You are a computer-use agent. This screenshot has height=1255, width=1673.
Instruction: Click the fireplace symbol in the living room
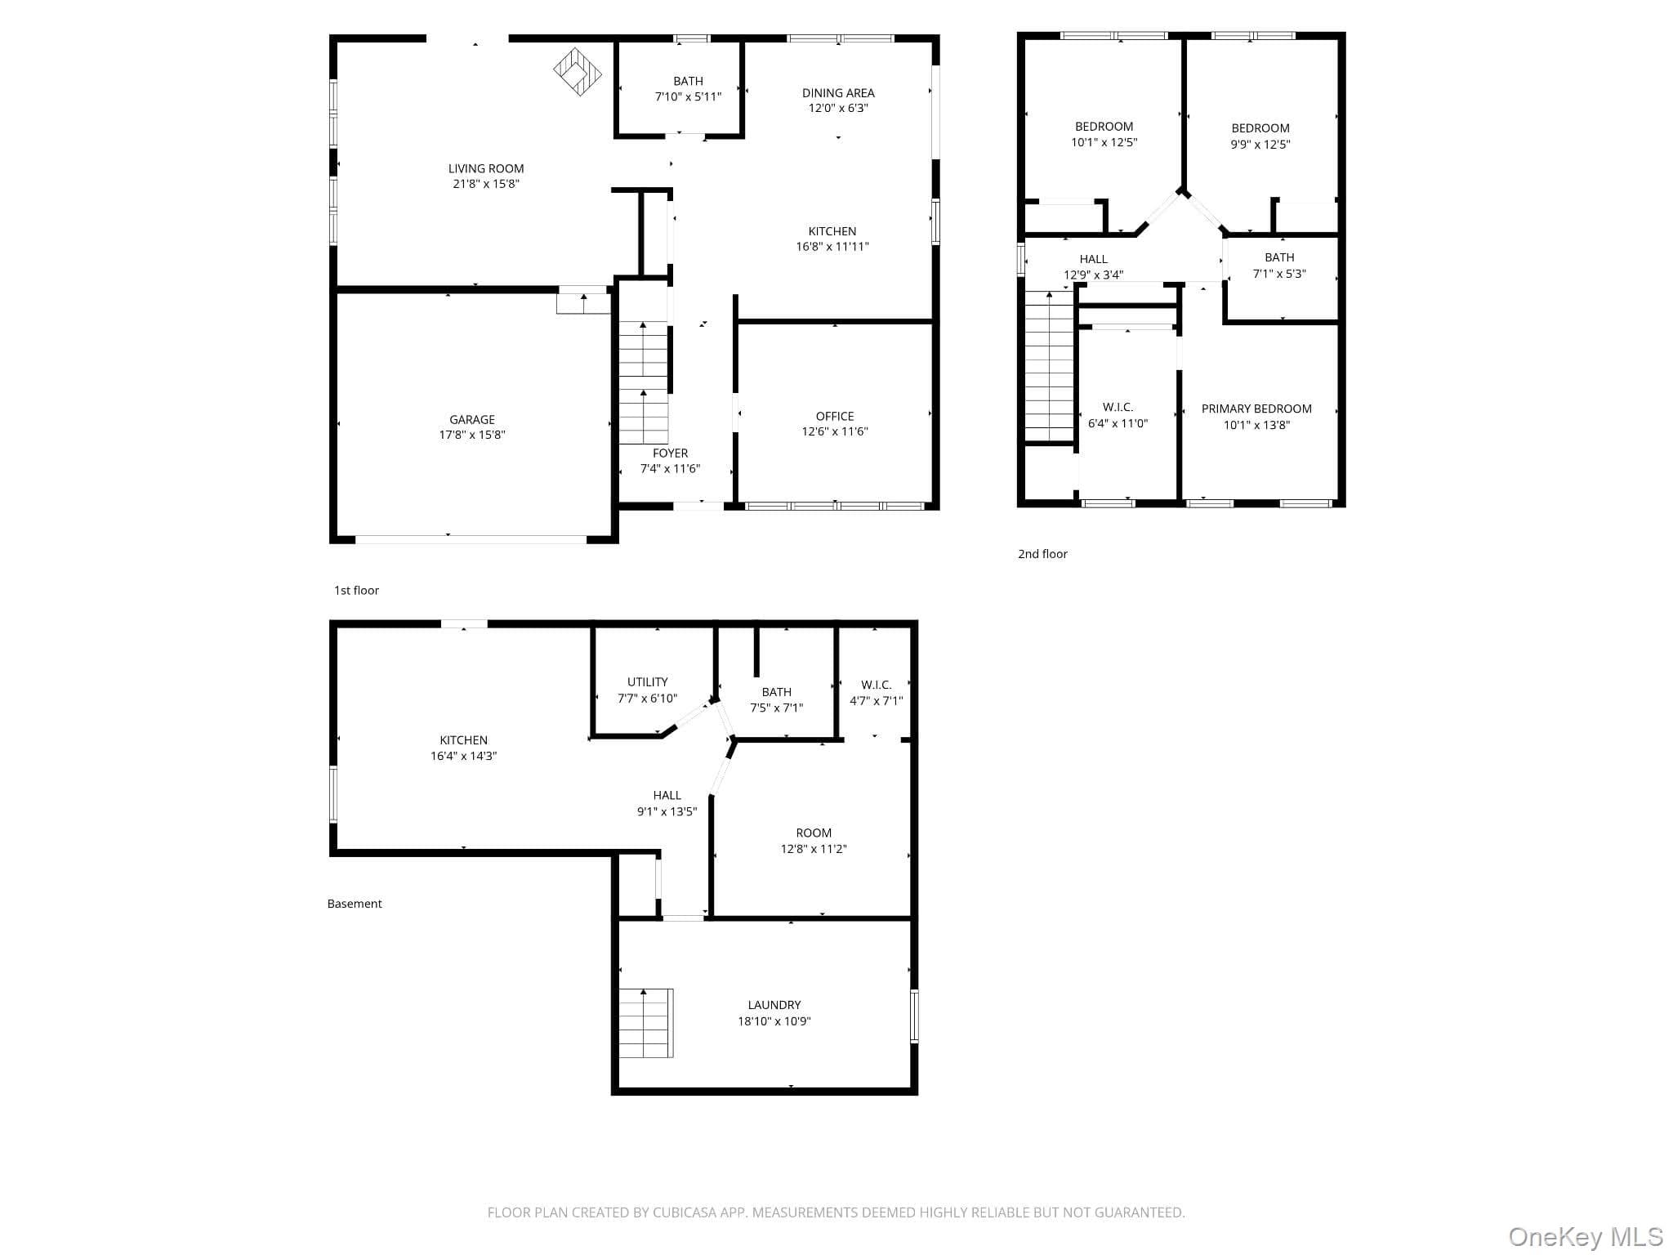click(x=578, y=71)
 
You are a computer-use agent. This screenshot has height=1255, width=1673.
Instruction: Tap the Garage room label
click(x=472, y=419)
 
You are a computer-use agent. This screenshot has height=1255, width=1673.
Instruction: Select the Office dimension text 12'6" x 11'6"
click(x=835, y=431)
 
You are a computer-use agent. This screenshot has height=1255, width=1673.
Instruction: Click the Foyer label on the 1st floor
click(x=670, y=453)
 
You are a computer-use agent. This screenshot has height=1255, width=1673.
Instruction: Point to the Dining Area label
click(x=838, y=92)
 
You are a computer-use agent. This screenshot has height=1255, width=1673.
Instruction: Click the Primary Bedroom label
click(x=1256, y=409)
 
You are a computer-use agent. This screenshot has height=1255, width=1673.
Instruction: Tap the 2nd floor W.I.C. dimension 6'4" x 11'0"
click(x=1118, y=423)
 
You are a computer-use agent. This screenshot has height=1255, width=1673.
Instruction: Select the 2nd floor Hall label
click(x=1093, y=259)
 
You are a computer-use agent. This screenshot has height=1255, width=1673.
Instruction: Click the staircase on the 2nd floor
click(x=1049, y=365)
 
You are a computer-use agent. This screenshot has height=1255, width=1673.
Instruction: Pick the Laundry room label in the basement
click(x=774, y=1005)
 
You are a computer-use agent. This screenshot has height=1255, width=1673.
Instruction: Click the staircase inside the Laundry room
click(x=645, y=1023)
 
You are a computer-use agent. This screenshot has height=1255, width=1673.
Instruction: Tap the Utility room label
click(x=648, y=681)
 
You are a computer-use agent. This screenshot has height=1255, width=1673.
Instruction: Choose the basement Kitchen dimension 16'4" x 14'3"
click(x=464, y=756)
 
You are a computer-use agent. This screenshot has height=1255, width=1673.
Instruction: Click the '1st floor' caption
click(x=356, y=590)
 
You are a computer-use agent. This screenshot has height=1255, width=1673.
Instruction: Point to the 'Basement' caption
click(x=355, y=904)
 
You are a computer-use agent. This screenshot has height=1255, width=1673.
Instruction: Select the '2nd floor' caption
click(x=1042, y=554)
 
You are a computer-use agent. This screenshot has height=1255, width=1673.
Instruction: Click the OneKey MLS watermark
click(x=1585, y=1236)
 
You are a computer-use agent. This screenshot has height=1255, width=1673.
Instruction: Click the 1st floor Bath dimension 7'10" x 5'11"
click(x=688, y=96)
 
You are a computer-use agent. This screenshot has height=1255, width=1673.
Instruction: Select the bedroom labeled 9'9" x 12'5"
click(x=1260, y=136)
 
